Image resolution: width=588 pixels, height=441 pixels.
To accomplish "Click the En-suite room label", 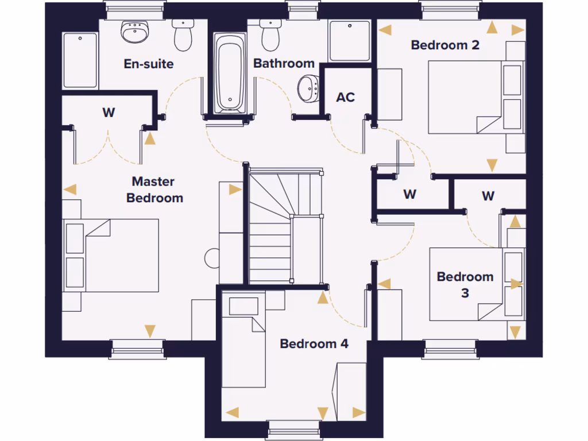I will click(x=149, y=64).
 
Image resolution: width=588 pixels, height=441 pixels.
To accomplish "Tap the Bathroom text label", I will click(x=284, y=63).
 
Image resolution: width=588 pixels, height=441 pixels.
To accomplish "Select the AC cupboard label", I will click(x=345, y=98).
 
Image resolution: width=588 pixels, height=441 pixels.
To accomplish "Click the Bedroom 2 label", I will click(x=445, y=45).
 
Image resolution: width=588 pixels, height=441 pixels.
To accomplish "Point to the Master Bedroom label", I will click(x=154, y=189).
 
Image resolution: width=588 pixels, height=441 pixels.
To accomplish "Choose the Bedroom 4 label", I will click(x=314, y=344).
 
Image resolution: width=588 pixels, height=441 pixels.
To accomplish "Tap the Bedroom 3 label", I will click(x=465, y=284).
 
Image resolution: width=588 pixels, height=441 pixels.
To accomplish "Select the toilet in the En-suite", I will click(x=183, y=34).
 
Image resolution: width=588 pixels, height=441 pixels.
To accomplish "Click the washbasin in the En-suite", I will click(x=136, y=32).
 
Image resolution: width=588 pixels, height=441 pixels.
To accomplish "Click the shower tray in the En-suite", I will click(x=80, y=60).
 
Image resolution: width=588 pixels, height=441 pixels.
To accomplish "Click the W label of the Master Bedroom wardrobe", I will click(x=109, y=113).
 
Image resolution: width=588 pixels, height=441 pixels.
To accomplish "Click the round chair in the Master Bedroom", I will click(x=212, y=258).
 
